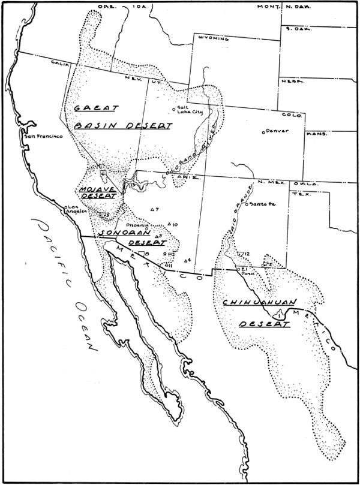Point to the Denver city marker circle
pos(263,132)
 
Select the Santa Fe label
pos(262,204)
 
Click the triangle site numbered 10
pos(170,224)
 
